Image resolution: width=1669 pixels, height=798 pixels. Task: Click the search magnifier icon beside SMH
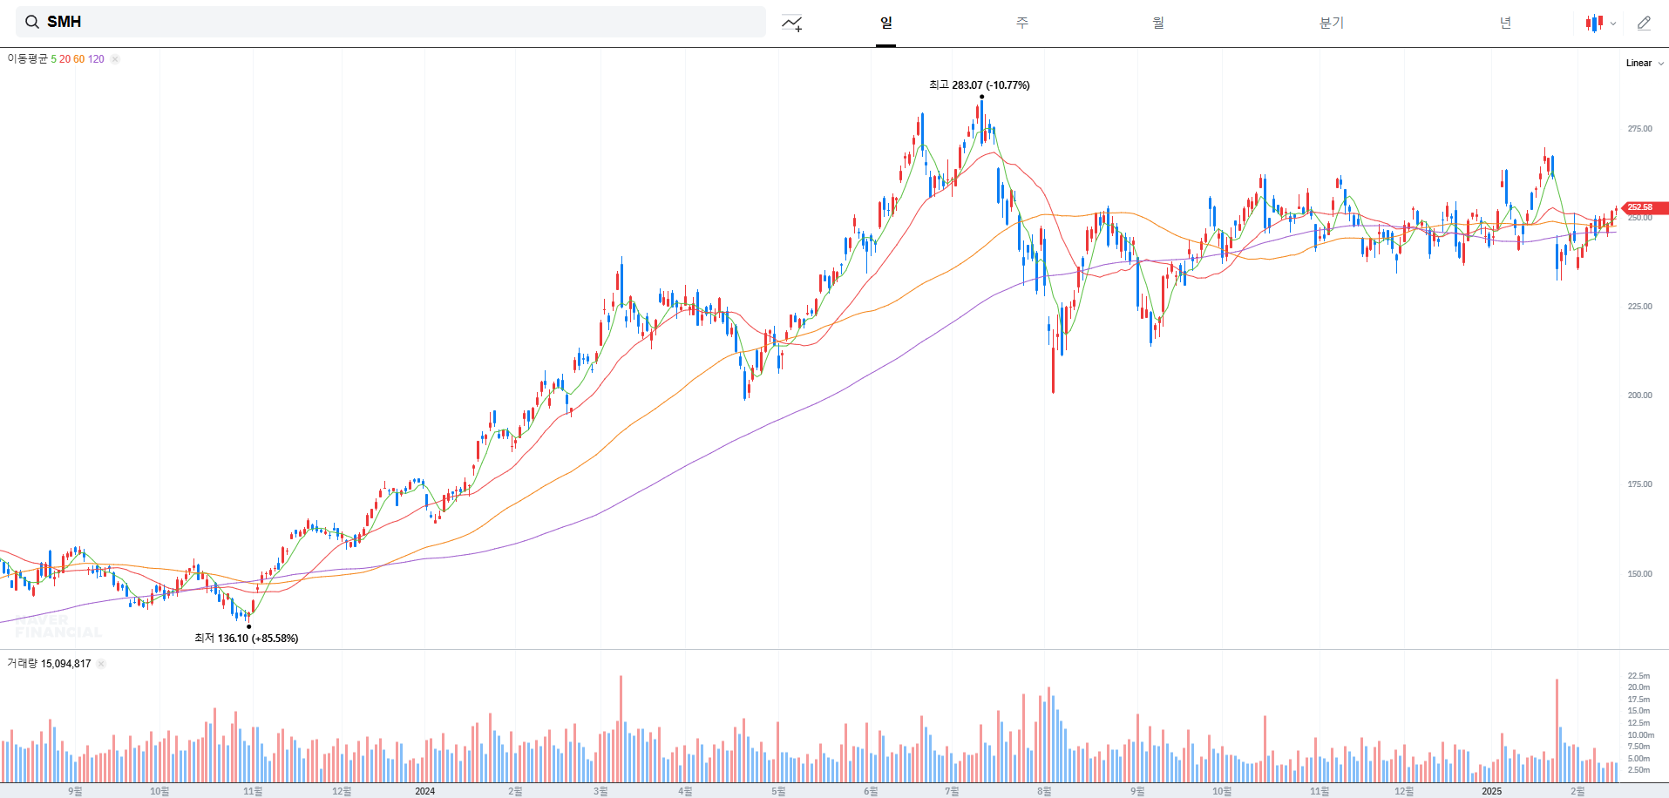pyautogui.click(x=32, y=22)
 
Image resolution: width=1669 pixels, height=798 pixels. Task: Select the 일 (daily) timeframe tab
pyautogui.click(x=886, y=23)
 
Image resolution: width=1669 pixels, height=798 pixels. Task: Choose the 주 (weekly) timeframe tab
pyautogui.click(x=1022, y=23)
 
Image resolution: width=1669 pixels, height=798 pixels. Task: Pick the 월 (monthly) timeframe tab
pyautogui.click(x=1158, y=23)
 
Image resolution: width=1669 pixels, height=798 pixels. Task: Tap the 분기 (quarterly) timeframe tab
pyautogui.click(x=1331, y=23)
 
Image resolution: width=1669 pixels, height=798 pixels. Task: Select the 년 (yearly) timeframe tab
pyautogui.click(x=1505, y=23)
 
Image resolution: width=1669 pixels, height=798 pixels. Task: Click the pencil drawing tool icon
pyautogui.click(x=1644, y=23)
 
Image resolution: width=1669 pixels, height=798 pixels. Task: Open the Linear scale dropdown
pyautogui.click(x=1644, y=63)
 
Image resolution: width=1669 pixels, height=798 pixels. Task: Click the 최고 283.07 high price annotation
pyautogui.click(x=979, y=85)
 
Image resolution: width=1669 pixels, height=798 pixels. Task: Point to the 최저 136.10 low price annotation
pyautogui.click(x=246, y=639)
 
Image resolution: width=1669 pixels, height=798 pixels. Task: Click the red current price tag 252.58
pyautogui.click(x=1642, y=207)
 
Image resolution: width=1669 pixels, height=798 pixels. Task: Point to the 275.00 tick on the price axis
pyautogui.click(x=1639, y=129)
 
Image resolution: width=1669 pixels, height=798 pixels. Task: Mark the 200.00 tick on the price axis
pyautogui.click(x=1639, y=396)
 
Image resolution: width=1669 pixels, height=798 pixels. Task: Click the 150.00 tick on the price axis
pyautogui.click(x=1639, y=574)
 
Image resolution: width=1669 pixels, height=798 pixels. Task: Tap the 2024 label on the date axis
pyautogui.click(x=424, y=791)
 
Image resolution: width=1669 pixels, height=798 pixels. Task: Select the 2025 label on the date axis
pyautogui.click(x=1491, y=791)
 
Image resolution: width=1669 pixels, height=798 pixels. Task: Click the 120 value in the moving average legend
pyautogui.click(x=96, y=59)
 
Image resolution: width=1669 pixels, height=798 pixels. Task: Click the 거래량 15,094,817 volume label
pyautogui.click(x=49, y=664)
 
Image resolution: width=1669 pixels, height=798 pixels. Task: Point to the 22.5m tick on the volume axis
pyautogui.click(x=1638, y=676)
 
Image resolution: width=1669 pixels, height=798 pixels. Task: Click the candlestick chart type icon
pyautogui.click(x=1594, y=24)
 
